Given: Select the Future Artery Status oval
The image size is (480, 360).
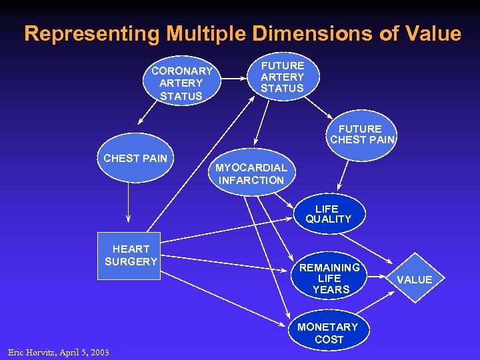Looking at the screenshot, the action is click(x=282, y=77).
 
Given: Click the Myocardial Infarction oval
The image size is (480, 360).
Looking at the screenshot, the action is click(x=251, y=174).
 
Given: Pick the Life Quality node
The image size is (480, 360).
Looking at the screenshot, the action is click(x=328, y=214).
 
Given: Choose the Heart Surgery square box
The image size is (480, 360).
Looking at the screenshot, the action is click(x=131, y=256).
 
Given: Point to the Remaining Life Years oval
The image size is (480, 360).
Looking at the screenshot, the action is click(x=329, y=278).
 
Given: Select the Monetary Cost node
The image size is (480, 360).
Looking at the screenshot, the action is click(x=328, y=333).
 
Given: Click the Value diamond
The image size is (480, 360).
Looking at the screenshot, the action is click(x=414, y=279).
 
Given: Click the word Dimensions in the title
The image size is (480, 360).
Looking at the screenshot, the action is click(x=302, y=34).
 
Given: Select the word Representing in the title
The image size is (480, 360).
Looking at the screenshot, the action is click(x=92, y=34).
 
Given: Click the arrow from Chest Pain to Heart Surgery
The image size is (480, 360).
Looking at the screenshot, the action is click(x=129, y=203).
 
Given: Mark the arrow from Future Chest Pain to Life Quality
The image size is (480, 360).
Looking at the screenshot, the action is click(x=346, y=175).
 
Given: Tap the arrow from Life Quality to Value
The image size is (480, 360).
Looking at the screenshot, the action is click(x=373, y=247).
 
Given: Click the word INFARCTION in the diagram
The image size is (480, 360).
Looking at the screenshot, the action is click(x=251, y=180).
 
